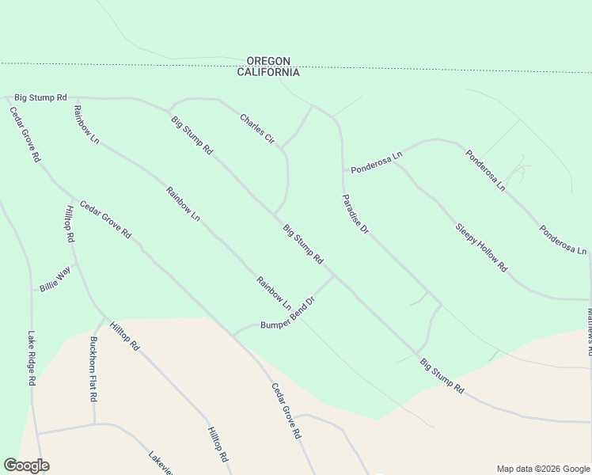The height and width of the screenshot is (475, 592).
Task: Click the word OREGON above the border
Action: [268, 61]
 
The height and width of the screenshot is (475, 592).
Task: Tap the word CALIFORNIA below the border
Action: [268, 72]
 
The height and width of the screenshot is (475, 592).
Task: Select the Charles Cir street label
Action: [257, 129]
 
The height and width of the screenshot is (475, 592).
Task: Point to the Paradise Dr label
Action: [355, 214]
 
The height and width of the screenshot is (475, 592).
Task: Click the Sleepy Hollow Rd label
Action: [481, 248]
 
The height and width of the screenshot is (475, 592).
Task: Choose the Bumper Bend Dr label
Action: [288, 313]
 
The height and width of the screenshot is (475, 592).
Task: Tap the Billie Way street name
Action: [55, 280]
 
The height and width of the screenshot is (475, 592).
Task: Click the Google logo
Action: [26, 465]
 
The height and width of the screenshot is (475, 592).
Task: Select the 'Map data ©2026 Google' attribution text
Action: [542, 469]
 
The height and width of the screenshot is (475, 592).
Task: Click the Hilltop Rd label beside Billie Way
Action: [69, 224]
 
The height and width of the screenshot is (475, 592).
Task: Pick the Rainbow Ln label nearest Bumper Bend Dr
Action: [274, 293]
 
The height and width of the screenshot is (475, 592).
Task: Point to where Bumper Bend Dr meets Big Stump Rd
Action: [333, 276]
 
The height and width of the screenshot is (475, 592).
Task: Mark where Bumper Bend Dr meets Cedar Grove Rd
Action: [233, 334]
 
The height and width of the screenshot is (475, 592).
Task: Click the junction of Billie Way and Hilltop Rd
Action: [75, 264]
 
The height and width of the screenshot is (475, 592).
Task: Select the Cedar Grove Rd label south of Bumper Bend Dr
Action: [287, 412]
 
